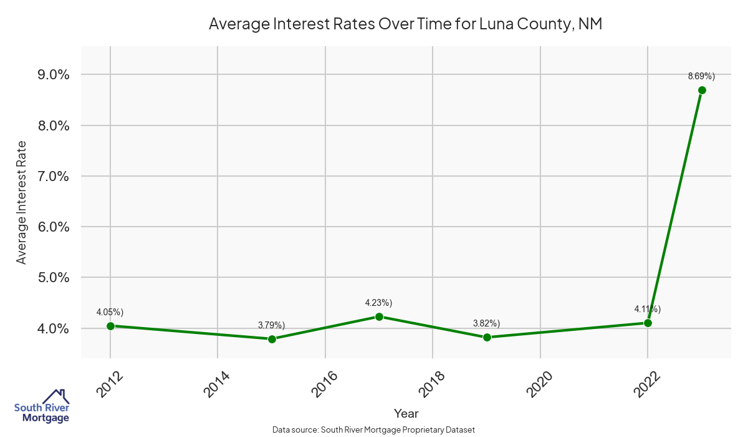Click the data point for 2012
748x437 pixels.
(x=110, y=326)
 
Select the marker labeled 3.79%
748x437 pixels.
(x=272, y=339)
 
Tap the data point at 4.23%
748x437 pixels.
(x=379, y=317)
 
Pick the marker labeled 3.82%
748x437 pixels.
(x=487, y=337)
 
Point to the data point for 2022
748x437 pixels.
(x=648, y=323)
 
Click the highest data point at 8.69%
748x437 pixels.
(x=702, y=90)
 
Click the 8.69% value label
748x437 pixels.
(x=701, y=76)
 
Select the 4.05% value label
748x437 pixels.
(x=110, y=312)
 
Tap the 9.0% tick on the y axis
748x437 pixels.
(x=54, y=75)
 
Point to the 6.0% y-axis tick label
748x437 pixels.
(x=54, y=227)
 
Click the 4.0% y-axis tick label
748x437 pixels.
(x=54, y=328)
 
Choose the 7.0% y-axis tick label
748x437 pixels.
(x=54, y=177)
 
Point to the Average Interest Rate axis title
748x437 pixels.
(x=22, y=202)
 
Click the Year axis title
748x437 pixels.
(x=406, y=413)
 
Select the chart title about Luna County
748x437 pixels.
(x=405, y=24)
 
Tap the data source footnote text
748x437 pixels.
(x=374, y=430)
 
